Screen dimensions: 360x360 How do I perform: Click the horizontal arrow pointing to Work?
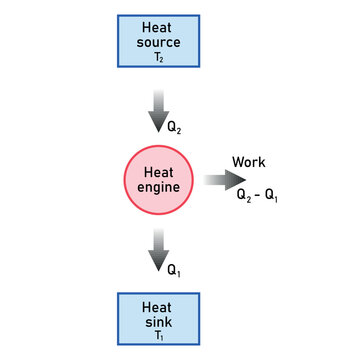(224, 180)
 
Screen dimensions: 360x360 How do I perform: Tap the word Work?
(248, 162)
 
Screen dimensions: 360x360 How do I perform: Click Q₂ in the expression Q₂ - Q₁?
(244, 197)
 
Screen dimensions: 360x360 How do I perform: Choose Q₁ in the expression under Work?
(272, 197)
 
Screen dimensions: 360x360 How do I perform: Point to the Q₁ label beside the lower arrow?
(174, 269)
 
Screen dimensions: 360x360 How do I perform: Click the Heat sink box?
(158, 319)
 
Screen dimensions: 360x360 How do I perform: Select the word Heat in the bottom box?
(158, 307)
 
